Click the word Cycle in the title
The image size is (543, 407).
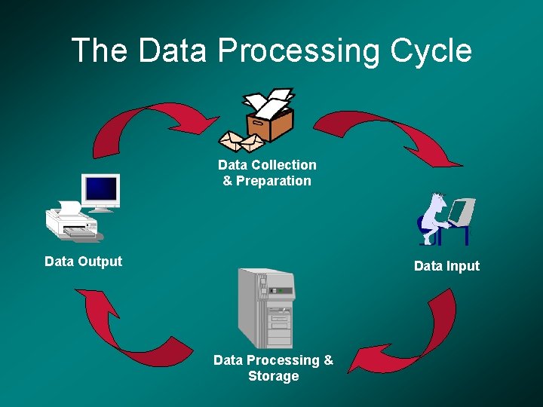tap(431, 50)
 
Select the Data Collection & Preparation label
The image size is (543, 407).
tap(267, 173)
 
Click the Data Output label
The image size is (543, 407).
tap(83, 262)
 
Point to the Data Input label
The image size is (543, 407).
tap(446, 265)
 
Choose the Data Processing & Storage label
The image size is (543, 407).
tap(273, 368)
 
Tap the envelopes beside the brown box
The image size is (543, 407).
tap(241, 141)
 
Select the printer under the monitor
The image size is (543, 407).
tap(72, 222)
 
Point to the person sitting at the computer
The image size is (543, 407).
tap(434, 219)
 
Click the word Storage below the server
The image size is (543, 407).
tap(273, 376)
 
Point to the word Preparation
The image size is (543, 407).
tap(274, 181)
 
